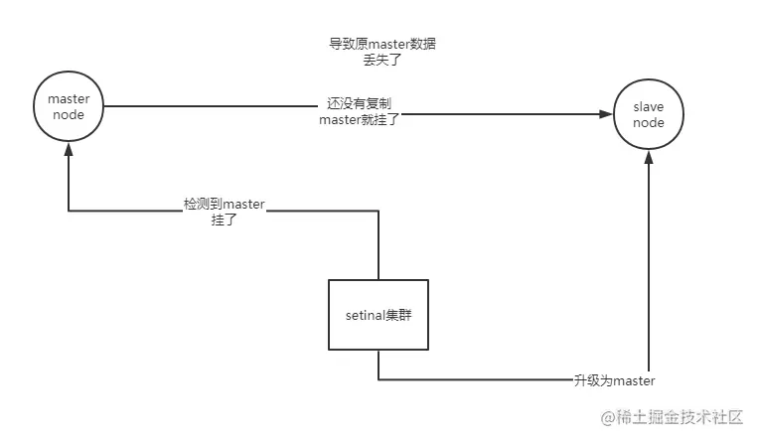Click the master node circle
tap(69, 106)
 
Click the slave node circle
tap(649, 114)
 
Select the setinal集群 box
tap(379, 314)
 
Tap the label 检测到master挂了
tap(225, 211)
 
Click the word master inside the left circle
tap(69, 98)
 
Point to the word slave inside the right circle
tap(649, 106)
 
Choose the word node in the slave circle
tap(649, 122)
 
